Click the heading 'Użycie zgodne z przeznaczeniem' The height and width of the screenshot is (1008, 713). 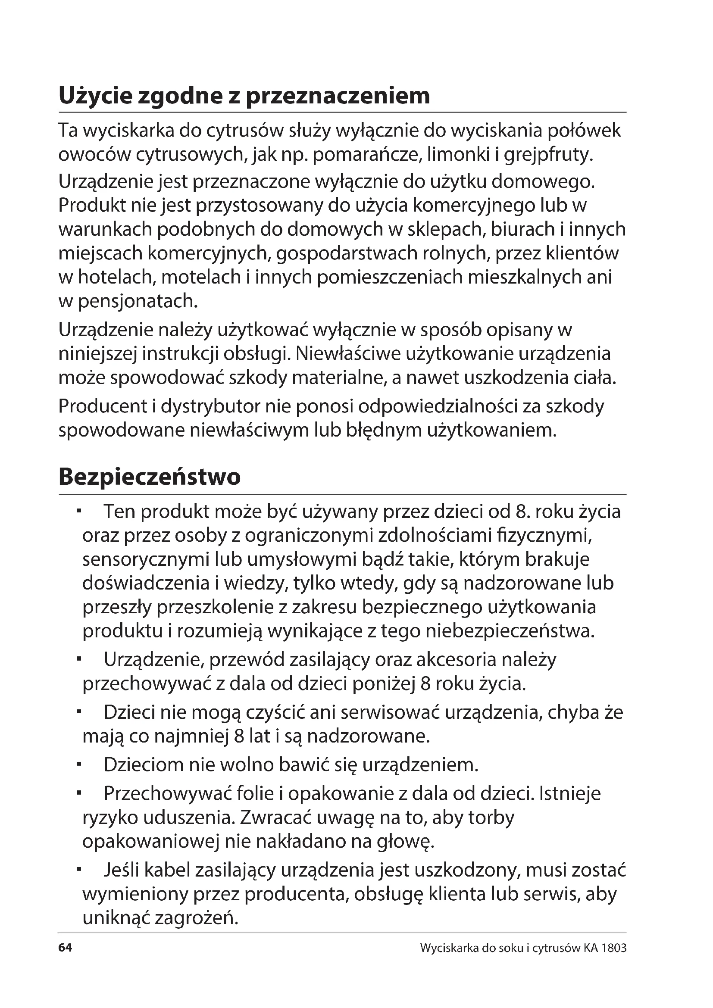244,96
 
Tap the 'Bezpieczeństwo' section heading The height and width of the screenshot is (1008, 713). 149,476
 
